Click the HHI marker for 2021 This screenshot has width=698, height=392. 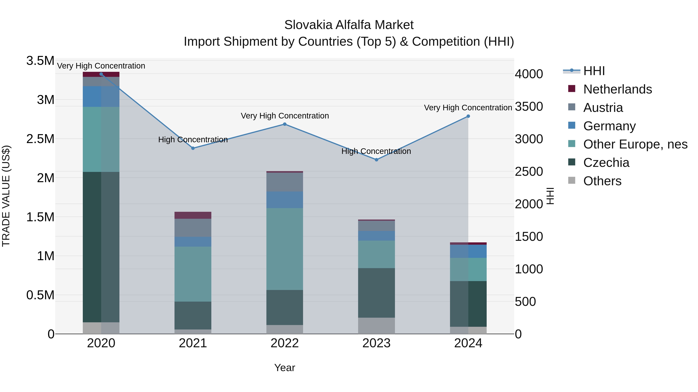pos(193,148)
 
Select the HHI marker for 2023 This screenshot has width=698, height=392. pos(376,160)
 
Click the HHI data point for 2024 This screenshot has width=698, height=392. pos(468,116)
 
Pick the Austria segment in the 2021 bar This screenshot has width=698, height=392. pos(193,228)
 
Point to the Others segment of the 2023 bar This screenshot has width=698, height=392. pos(376,326)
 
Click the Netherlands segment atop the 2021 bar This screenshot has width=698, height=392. pos(193,215)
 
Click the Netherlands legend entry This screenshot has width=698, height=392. pos(617,89)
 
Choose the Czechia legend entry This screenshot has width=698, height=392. pos(606,163)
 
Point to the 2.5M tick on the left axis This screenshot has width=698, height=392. pos(40,139)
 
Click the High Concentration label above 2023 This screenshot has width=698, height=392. pos(376,151)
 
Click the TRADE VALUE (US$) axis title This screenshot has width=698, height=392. pos(6,196)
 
